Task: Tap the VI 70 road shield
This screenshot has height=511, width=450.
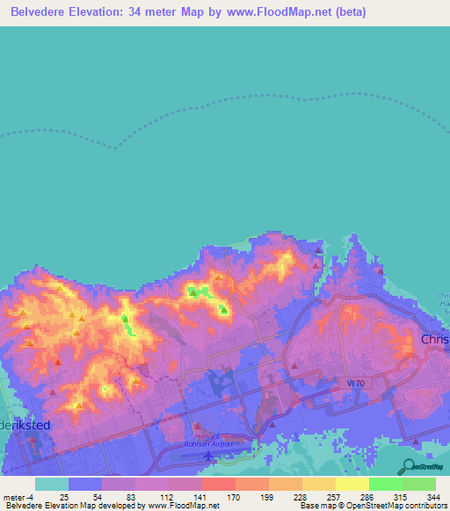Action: [x=349, y=382]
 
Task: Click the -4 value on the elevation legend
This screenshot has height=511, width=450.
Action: [x=32, y=497]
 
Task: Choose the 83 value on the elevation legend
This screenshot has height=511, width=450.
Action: [x=132, y=497]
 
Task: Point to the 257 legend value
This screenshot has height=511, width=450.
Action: [x=332, y=497]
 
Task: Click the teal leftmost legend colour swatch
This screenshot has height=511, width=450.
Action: [x=51, y=484]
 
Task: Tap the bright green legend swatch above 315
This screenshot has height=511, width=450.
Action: [x=385, y=484]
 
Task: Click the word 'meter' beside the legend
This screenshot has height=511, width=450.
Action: [x=15, y=497]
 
